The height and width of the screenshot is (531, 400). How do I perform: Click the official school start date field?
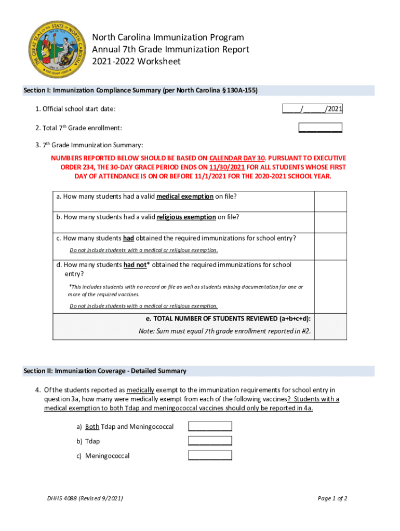click(312, 109)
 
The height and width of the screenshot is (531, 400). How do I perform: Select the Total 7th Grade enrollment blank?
click(320, 128)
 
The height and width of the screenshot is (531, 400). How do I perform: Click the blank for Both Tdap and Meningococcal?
click(210, 427)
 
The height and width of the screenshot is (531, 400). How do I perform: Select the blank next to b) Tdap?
click(210, 441)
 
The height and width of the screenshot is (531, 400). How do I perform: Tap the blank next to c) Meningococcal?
click(210, 456)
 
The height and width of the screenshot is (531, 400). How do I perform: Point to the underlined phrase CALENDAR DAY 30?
click(237, 158)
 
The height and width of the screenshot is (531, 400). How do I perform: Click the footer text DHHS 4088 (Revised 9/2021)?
click(85, 498)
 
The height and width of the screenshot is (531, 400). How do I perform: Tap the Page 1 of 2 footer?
click(332, 498)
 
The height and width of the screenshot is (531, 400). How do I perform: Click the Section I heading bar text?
click(141, 91)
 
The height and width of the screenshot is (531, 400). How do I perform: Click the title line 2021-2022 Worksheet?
click(136, 62)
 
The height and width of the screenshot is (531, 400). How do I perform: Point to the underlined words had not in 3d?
click(134, 265)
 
